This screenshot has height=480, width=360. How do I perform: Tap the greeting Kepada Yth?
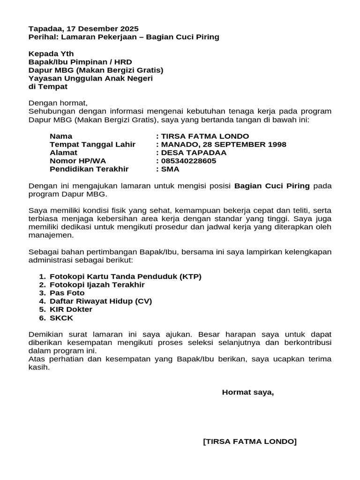tap(51, 54)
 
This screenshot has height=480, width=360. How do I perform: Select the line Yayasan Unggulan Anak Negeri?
tap(90, 78)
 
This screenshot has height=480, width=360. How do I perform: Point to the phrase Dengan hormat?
tap(58, 103)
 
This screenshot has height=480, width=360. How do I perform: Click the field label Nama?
tap(61, 136)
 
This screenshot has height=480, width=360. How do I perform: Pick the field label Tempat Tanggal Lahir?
tap(92, 144)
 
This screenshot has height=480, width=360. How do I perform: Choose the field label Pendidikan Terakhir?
tap(89, 169)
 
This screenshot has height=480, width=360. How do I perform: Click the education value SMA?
tap(170, 169)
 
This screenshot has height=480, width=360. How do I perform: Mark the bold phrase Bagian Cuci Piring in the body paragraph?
tap(272, 186)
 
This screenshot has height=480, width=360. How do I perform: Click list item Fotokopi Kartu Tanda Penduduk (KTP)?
tap(126, 277)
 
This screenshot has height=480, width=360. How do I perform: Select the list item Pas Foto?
tap(67, 293)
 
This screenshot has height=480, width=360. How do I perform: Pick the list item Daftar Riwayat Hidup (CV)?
tap(101, 301)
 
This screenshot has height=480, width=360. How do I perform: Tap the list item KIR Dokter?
tap(71, 309)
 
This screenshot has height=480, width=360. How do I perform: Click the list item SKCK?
tap(61, 318)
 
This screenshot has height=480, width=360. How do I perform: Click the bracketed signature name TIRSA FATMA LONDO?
tap(250, 442)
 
